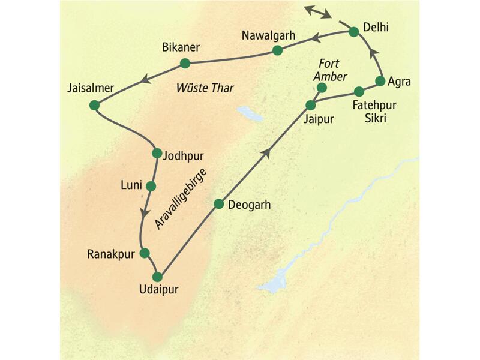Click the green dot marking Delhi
[x=353, y=31]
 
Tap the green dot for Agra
[x=379, y=80]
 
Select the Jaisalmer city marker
[x=94, y=105]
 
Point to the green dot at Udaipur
[x=157, y=277]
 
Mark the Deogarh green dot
[x=219, y=204]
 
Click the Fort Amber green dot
[x=321, y=88]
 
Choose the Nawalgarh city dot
[x=277, y=50]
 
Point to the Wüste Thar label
[x=205, y=88]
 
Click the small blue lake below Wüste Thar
[x=247, y=112]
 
